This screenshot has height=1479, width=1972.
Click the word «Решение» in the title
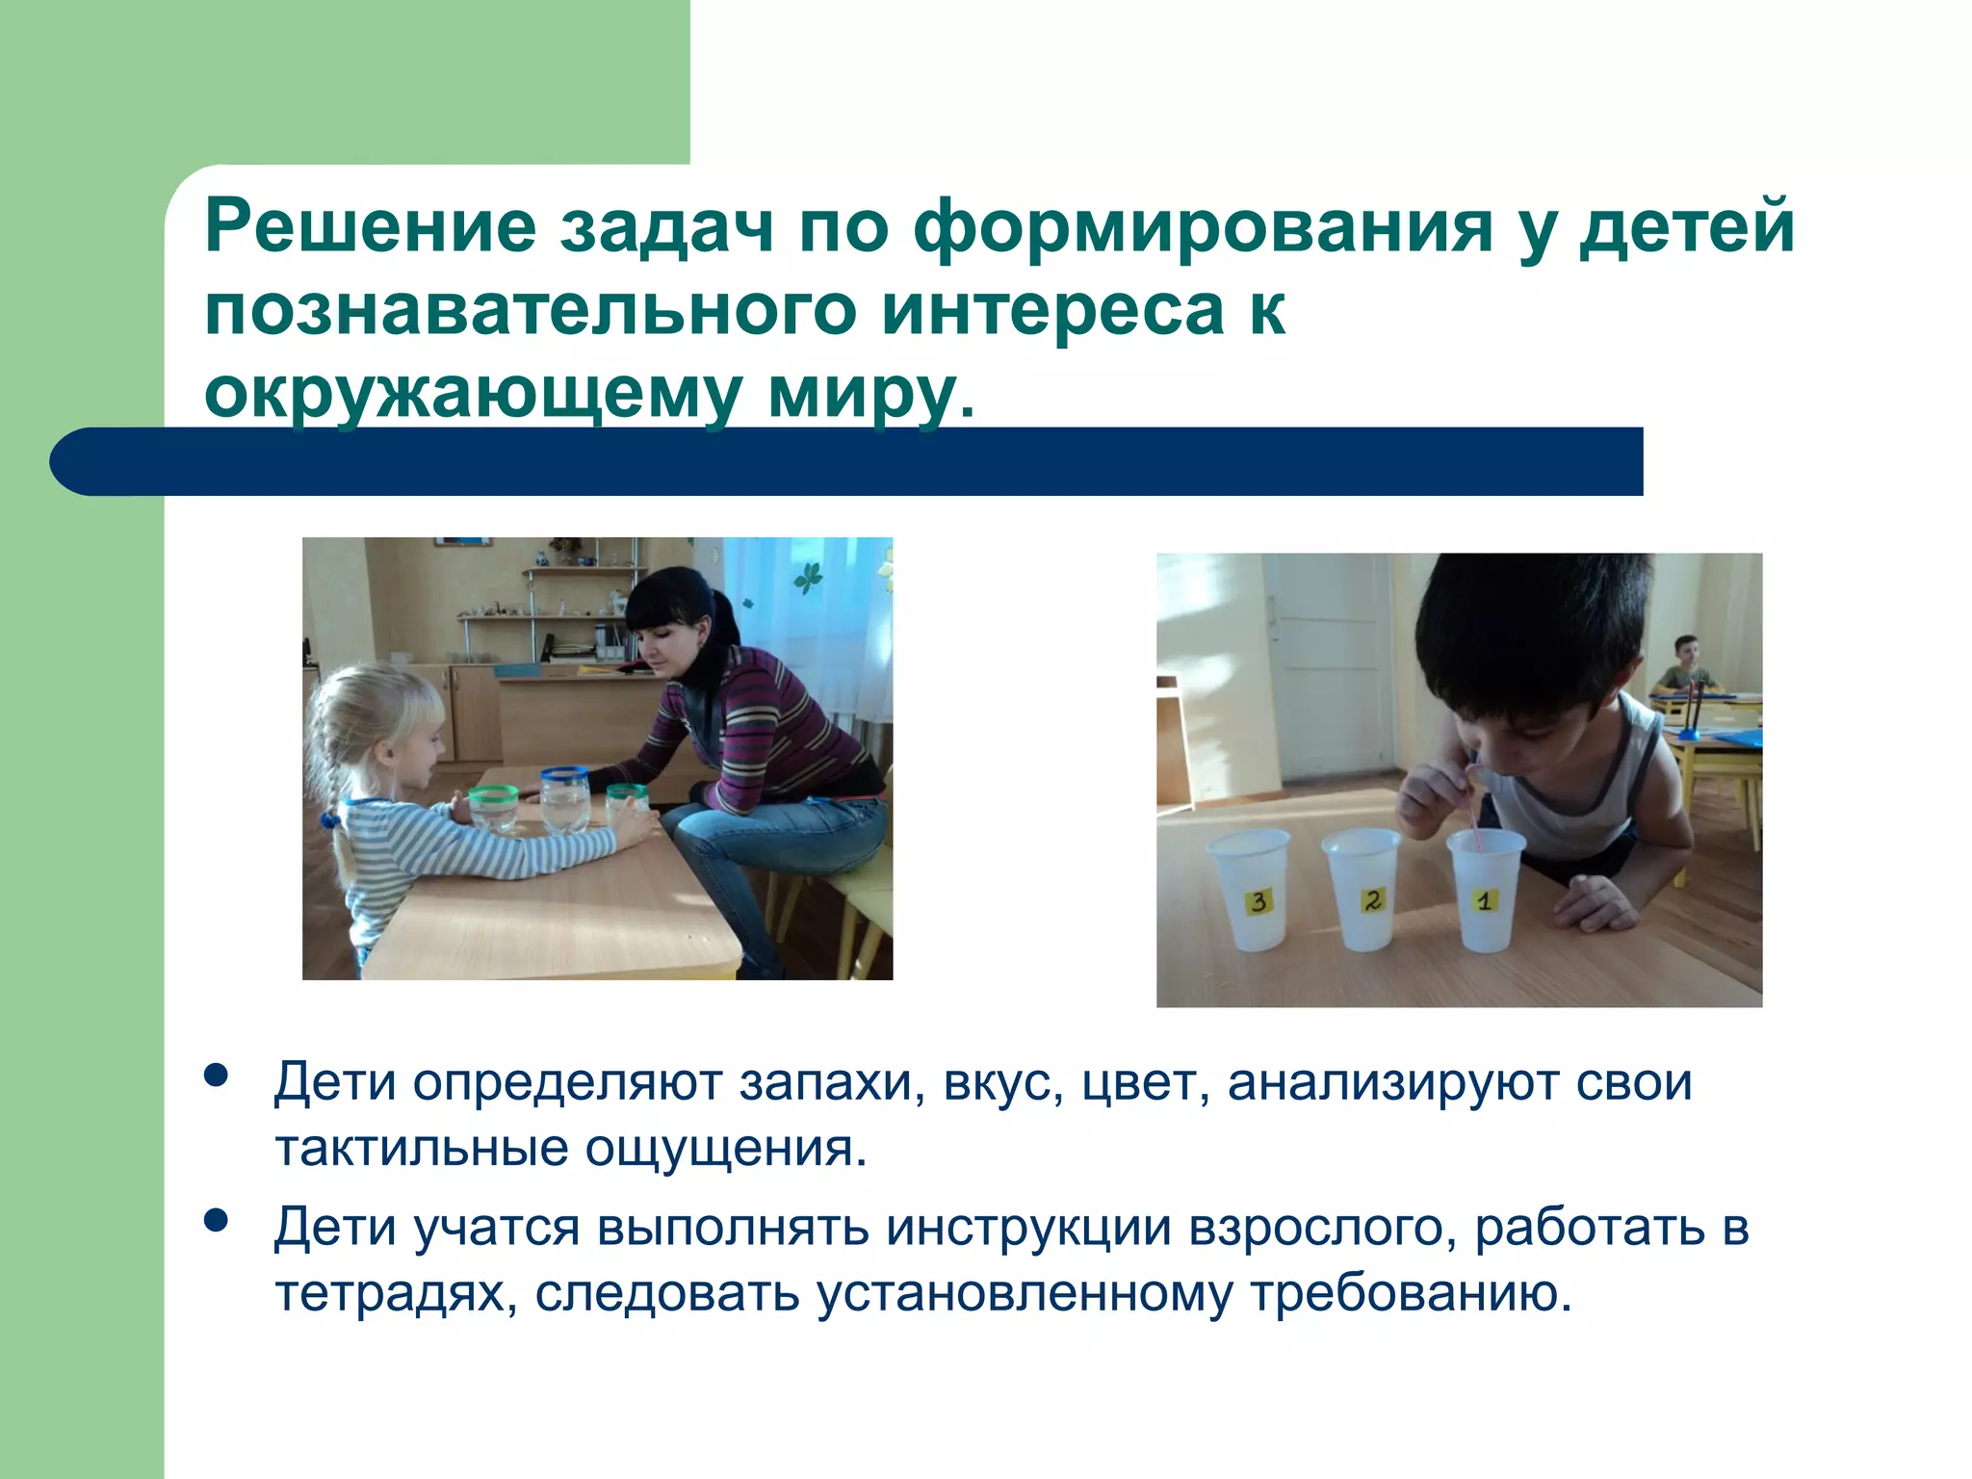pyautogui.click(x=370, y=227)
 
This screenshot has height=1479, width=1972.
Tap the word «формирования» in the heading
pyautogui.click(x=1203, y=227)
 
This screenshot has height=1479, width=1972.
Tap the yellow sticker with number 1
pyautogui.click(x=1484, y=901)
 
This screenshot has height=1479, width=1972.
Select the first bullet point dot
pyautogui.click(x=217, y=1076)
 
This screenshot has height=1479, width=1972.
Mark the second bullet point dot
pyautogui.click(x=217, y=1221)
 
